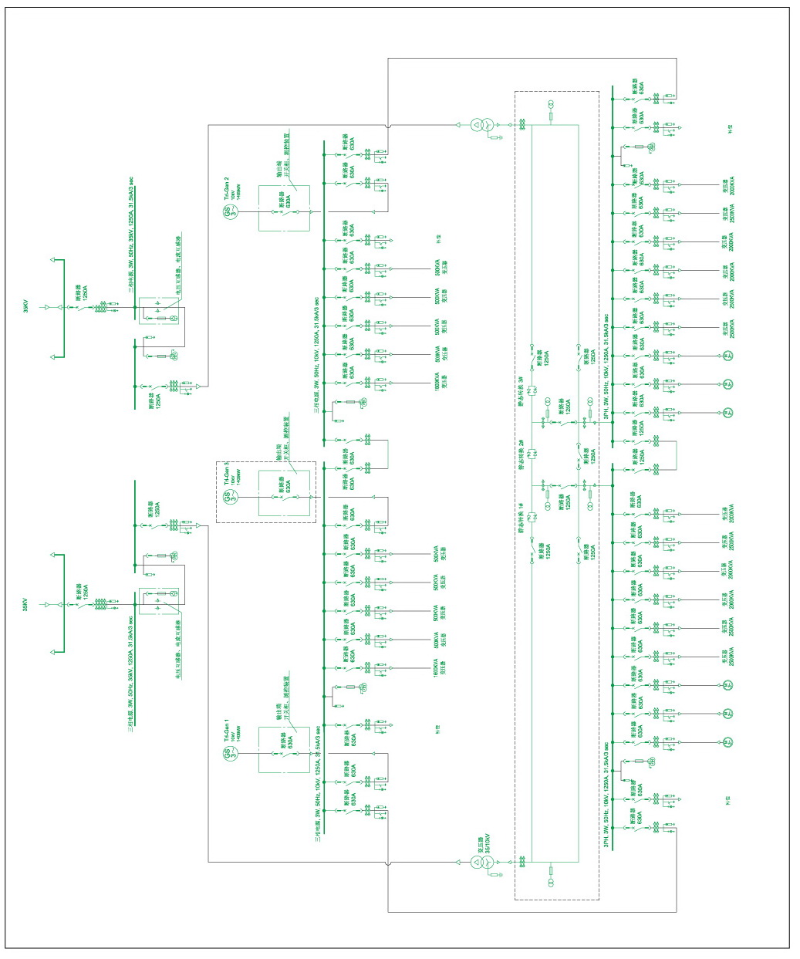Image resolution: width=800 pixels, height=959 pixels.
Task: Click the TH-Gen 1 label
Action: click(227, 730)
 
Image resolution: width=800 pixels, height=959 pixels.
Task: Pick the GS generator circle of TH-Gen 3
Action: click(229, 497)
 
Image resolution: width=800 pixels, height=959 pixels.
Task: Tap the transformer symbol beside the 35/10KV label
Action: click(479, 863)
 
